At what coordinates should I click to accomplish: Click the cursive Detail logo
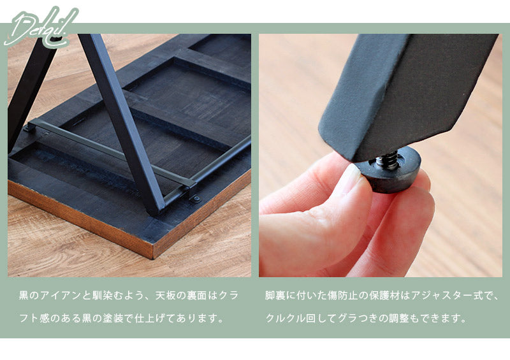click(x=41, y=27)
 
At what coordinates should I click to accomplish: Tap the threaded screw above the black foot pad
click(x=388, y=160)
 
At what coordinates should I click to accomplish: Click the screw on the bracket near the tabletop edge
click(x=196, y=198)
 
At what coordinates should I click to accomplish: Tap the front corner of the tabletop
click(x=153, y=257)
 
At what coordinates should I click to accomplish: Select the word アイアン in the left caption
click(x=60, y=296)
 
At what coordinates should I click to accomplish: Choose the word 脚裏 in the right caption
click(x=275, y=296)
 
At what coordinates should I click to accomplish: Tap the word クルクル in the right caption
click(x=286, y=318)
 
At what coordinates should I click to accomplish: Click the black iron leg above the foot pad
click(x=407, y=94)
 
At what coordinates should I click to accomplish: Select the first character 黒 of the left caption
click(x=24, y=296)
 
